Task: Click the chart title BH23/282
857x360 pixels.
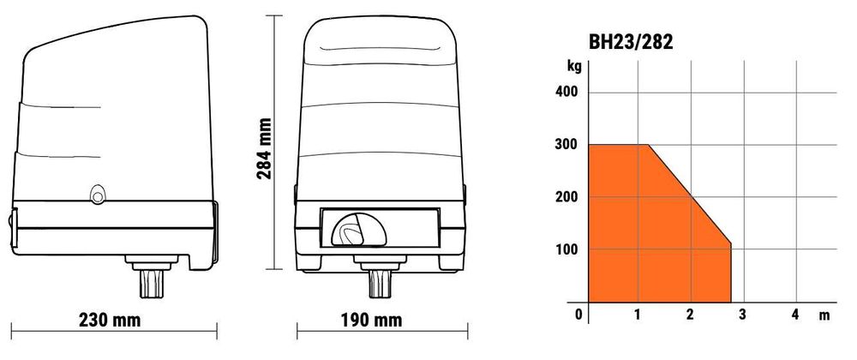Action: [x=630, y=42]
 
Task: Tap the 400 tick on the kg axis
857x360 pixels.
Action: [x=566, y=93]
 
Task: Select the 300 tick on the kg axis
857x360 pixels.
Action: [x=566, y=145]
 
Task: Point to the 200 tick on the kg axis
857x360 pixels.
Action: [x=566, y=196]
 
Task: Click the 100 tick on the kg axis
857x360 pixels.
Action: [x=566, y=249]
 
